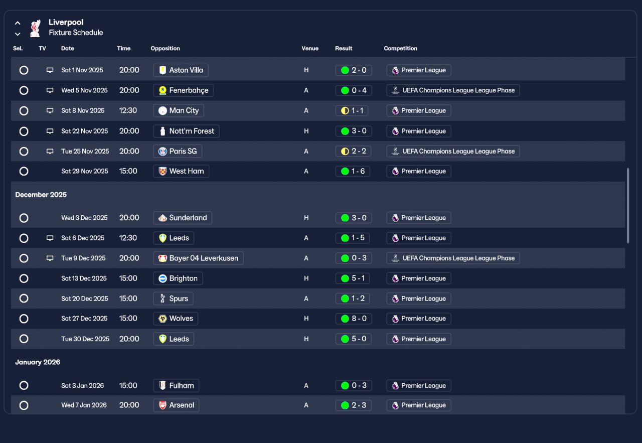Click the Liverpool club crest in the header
(35, 28)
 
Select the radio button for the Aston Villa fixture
(24, 70)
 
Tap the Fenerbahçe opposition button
(183, 90)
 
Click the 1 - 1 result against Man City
(352, 111)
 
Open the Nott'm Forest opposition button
(186, 131)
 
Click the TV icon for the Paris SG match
(50, 151)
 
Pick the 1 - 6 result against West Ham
(353, 171)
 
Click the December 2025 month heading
(41, 195)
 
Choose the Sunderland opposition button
(183, 218)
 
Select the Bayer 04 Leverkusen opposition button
(198, 258)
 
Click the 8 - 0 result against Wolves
(354, 319)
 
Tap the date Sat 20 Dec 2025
(85, 299)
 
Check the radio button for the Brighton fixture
(24, 278)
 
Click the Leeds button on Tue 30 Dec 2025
(174, 339)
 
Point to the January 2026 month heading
(38, 362)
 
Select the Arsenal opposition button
(176, 405)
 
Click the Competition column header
(400, 49)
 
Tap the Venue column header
(310, 49)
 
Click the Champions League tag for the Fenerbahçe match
(453, 90)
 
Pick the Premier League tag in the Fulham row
(418, 386)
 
